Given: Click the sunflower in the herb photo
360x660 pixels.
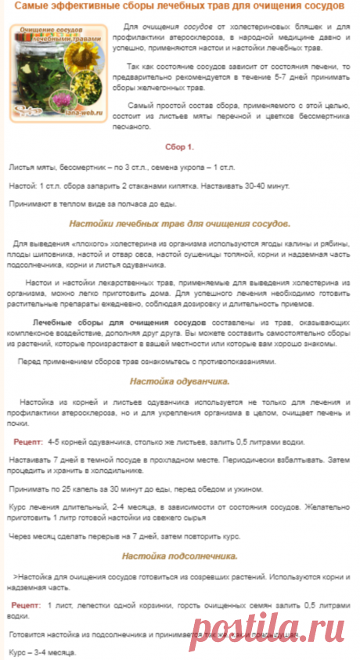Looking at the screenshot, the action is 81,67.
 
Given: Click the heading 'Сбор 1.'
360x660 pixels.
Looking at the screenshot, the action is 179,146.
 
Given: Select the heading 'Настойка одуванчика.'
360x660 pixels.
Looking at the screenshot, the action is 179,383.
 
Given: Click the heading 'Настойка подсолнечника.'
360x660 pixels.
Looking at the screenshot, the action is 179,557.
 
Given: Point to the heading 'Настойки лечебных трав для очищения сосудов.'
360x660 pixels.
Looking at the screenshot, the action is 179,223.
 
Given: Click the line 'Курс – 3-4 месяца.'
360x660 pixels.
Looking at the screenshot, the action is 42,651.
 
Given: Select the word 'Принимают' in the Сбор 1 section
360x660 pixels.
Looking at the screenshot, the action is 31,204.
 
